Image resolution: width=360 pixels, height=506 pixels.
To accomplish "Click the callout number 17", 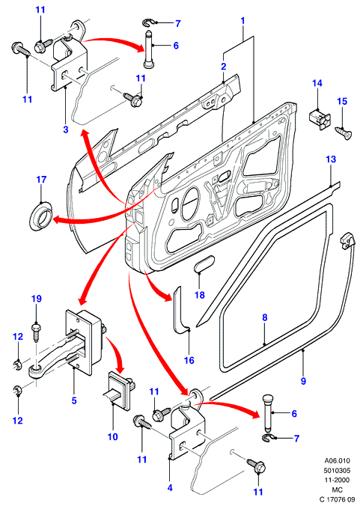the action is pyautogui.click(x=41, y=180).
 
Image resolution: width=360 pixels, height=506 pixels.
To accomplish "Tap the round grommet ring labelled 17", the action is pyautogui.click(x=40, y=216).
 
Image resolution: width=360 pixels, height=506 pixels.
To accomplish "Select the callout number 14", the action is pyautogui.click(x=317, y=83).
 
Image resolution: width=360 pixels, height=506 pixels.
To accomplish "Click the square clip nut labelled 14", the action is pyautogui.click(x=320, y=119).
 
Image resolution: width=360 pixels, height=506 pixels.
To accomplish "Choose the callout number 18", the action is pyautogui.click(x=200, y=295).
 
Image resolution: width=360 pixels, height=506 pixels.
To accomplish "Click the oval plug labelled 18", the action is pyautogui.click(x=204, y=263).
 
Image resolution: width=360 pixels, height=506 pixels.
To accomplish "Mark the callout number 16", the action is pyautogui.click(x=189, y=360).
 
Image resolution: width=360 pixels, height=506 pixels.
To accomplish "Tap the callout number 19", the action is pyautogui.click(x=37, y=299).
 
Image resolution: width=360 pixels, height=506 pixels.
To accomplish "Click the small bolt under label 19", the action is pyautogui.click(x=36, y=332).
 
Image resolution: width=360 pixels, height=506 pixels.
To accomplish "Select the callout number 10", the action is pyautogui.click(x=112, y=436).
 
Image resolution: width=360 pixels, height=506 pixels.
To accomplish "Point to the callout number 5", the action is pyautogui.click(x=74, y=400).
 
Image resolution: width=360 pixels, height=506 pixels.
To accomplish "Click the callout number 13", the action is pyautogui.click(x=331, y=159).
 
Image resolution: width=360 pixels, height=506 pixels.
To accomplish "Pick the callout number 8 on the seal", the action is pyautogui.click(x=265, y=317).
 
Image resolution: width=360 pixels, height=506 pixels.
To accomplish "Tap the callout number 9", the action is pyautogui.click(x=303, y=381).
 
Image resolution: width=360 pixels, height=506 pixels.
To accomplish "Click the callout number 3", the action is pyautogui.click(x=66, y=129).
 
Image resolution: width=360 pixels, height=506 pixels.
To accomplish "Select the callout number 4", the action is pyautogui.click(x=170, y=487).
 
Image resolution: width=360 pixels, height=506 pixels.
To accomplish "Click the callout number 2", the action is pyautogui.click(x=224, y=67).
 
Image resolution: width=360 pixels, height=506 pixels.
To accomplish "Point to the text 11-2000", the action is pyautogui.click(x=337, y=481).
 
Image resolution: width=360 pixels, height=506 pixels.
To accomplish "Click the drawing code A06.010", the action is pyautogui.click(x=337, y=461).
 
